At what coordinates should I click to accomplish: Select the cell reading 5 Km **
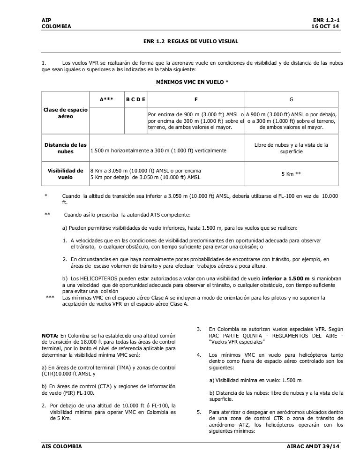(291, 173)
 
